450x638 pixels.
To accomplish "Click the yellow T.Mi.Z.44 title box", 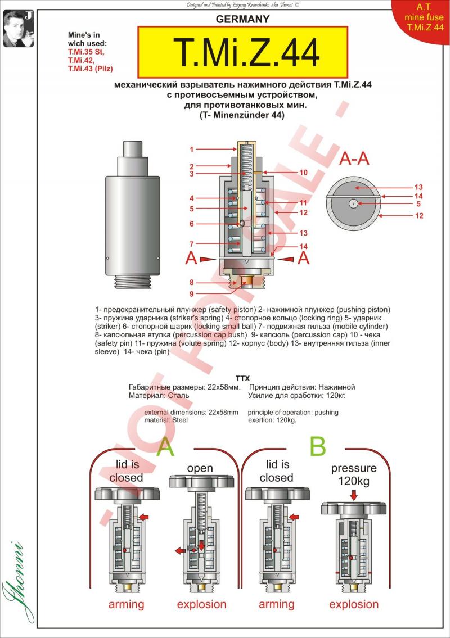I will (x=242, y=52).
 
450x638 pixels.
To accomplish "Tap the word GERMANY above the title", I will (x=243, y=19).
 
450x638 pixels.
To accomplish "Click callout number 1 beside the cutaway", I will (x=192, y=150).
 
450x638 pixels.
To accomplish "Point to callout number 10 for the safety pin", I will (x=303, y=173).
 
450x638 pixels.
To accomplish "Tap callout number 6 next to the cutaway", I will (x=192, y=224).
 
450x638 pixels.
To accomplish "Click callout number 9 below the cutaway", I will (x=192, y=293).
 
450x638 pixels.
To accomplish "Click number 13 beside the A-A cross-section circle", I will (x=418, y=187).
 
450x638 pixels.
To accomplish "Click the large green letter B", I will (x=318, y=446).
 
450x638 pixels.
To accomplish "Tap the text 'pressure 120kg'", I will (x=354, y=475).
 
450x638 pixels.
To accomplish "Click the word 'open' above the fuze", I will (x=200, y=468).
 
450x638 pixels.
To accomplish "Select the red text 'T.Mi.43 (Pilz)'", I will (x=90, y=69).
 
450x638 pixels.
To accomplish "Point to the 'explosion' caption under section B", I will (x=354, y=605).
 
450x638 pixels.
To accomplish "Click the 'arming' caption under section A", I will (x=126, y=605).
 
